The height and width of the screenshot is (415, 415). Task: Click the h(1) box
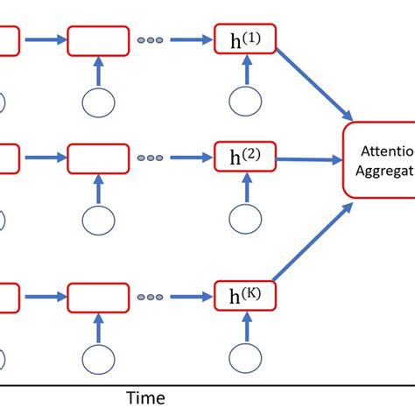click(x=245, y=39)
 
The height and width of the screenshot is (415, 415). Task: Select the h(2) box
click(x=245, y=158)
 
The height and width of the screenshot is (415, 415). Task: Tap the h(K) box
click(x=245, y=295)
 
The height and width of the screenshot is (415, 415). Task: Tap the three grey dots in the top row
click(x=150, y=39)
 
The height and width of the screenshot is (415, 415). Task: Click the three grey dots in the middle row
click(x=150, y=159)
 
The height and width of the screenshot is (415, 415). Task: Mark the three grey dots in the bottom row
click(x=150, y=296)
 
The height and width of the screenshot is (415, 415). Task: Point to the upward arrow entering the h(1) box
click(x=246, y=70)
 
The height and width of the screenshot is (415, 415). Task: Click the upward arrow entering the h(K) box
click(x=246, y=327)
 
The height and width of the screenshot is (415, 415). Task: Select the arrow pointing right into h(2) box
click(x=190, y=159)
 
